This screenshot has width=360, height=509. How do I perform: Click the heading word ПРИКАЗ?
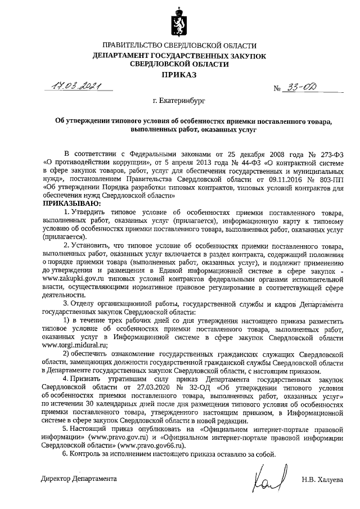pyautogui.click(x=179, y=74)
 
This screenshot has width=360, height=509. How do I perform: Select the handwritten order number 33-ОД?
pyautogui.click(x=306, y=87)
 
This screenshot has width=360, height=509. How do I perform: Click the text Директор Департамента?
pyautogui.click(x=79, y=479)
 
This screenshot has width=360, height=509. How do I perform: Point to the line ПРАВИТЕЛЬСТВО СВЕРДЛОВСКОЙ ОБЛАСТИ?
pyautogui.click(x=179, y=45)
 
